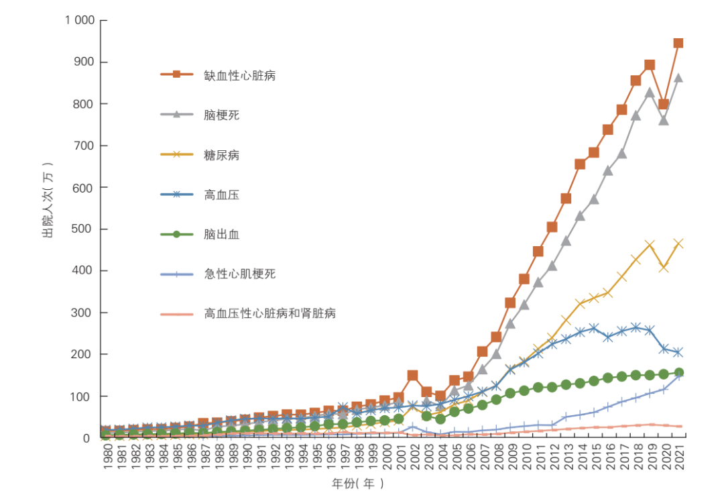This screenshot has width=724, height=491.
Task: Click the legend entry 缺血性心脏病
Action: (240, 75)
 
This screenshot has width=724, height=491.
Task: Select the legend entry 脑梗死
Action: (221, 115)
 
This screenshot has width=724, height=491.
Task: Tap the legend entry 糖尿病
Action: (221, 156)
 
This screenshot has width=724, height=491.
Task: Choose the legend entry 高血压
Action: (221, 195)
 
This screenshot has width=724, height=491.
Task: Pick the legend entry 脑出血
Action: (221, 235)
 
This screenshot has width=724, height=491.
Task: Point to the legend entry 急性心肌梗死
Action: (240, 274)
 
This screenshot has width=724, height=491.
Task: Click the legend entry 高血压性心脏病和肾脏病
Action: (269, 313)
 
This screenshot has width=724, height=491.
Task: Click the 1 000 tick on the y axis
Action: (79, 20)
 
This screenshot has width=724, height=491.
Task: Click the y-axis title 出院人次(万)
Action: (48, 201)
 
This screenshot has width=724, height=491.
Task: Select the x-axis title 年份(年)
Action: (359, 483)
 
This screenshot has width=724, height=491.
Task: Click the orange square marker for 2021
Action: (678, 43)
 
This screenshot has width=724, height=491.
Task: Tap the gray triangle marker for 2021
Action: (678, 78)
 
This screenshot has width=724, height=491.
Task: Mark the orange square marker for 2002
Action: (413, 375)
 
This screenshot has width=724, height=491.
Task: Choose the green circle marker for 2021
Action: (678, 372)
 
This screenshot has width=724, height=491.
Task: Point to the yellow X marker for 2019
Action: (650, 245)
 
